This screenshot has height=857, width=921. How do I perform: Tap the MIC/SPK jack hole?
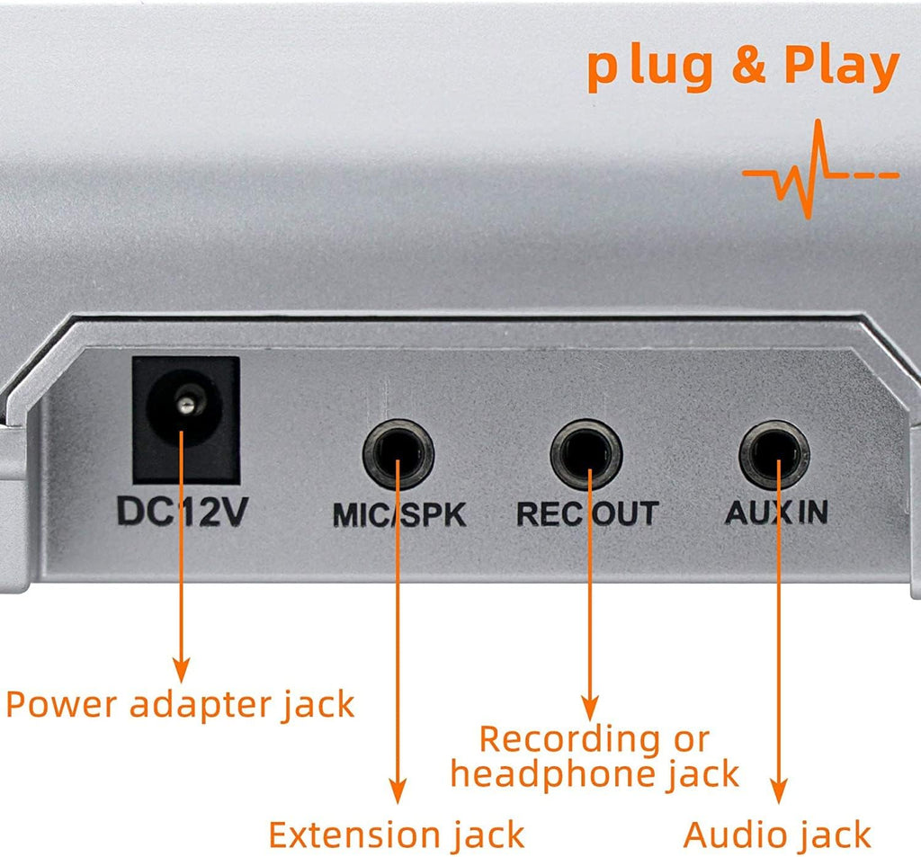[398, 454]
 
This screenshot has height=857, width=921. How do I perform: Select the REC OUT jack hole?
[586, 454]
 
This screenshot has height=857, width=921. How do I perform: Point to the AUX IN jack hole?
[774, 455]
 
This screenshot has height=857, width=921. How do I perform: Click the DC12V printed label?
[183, 512]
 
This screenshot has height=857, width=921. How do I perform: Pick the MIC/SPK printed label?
[399, 515]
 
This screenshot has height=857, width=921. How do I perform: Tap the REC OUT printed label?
[587, 514]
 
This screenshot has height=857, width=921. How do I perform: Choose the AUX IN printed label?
[776, 513]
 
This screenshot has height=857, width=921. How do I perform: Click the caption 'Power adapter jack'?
[180, 704]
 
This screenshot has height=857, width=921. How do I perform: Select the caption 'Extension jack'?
[397, 835]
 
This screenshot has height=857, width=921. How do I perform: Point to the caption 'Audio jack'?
[777, 835]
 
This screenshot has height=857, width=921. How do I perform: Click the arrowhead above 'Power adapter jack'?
[182, 670]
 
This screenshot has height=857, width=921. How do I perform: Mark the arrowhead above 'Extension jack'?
[398, 790]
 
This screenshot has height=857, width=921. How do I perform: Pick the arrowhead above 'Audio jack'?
[779, 790]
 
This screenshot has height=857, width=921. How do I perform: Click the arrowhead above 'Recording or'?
[590, 709]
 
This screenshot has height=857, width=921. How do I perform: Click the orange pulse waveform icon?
[820, 169]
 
